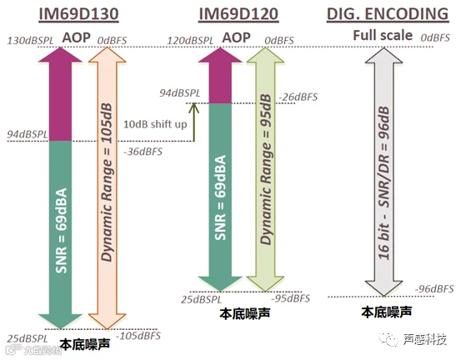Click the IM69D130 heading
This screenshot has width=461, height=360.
click(x=79, y=14)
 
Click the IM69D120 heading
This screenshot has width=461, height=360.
click(x=238, y=14)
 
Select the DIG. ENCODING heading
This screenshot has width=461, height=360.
click(x=388, y=14)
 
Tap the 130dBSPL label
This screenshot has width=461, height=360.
click(x=30, y=41)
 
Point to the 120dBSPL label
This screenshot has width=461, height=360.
click(x=190, y=41)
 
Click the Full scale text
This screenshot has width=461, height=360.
click(x=383, y=35)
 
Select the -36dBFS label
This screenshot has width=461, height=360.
click(x=143, y=152)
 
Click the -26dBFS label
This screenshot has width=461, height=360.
click(x=298, y=97)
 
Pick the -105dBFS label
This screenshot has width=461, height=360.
click(x=138, y=336)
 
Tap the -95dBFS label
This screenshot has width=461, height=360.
click(x=291, y=298)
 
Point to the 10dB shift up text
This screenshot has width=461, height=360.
click(x=155, y=124)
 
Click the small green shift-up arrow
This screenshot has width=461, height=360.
click(x=193, y=122)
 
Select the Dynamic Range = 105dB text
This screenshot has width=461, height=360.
click(x=107, y=182)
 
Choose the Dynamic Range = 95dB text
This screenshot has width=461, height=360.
click(x=266, y=169)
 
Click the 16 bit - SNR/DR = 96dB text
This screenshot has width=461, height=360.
click(x=383, y=182)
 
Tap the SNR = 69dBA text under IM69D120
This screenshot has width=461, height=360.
click(x=221, y=197)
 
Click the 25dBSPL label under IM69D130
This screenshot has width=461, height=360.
click(x=28, y=339)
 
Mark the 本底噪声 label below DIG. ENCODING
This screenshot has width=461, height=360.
click(x=386, y=312)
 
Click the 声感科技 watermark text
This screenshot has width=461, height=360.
click(x=424, y=340)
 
